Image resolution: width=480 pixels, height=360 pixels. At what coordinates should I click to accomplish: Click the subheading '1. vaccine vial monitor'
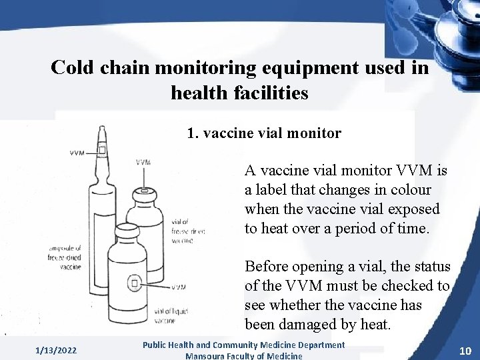[264, 133]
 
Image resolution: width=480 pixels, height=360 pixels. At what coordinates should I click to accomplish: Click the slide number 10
[465, 351]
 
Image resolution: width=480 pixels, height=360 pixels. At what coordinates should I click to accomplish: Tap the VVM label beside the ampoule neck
[77, 153]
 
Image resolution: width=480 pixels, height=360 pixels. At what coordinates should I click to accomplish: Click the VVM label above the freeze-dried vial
[143, 162]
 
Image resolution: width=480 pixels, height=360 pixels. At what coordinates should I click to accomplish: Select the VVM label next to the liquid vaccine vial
[178, 287]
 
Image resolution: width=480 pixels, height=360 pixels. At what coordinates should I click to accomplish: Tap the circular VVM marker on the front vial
[134, 283]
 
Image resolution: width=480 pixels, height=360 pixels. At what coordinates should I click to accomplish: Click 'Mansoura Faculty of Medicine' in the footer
[243, 355]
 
